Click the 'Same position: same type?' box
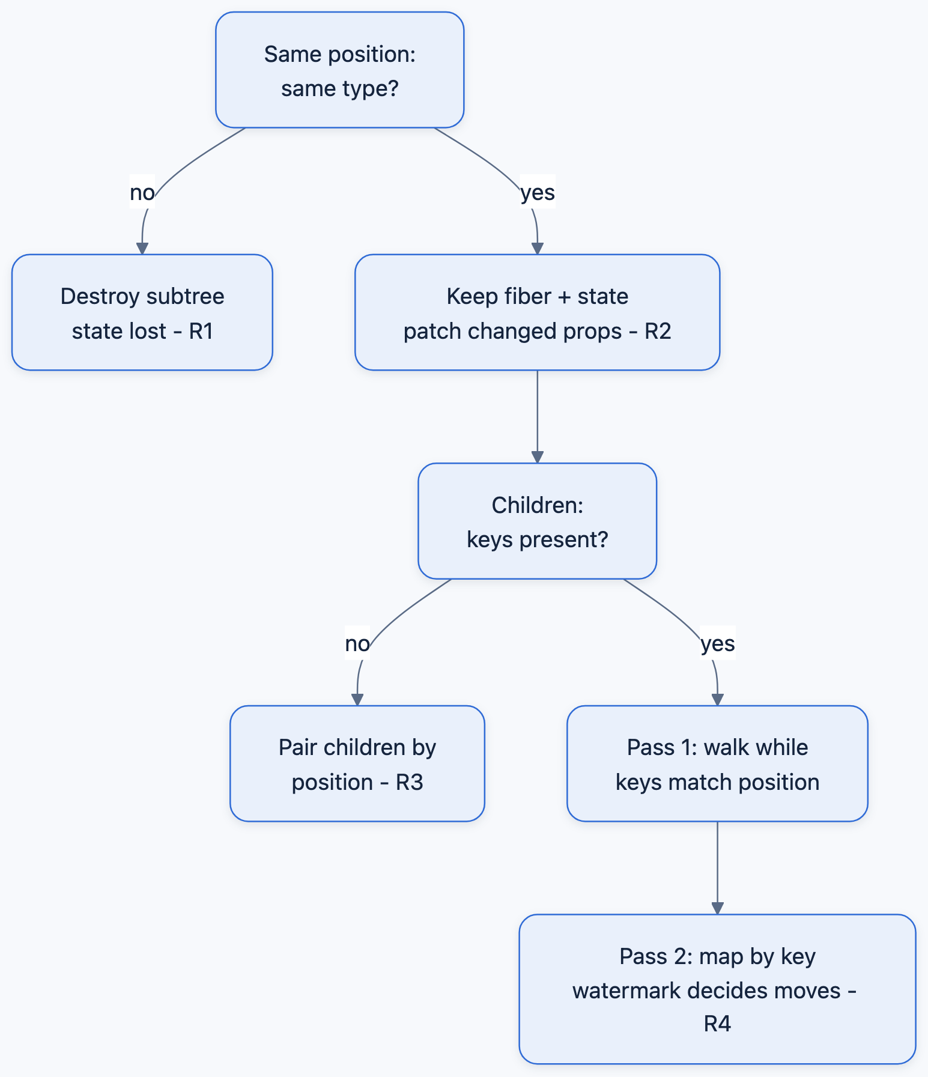coord(339,70)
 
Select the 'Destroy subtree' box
coord(142,312)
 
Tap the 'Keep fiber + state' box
coord(537,312)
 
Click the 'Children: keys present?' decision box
coord(537,521)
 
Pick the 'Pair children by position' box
coord(357,763)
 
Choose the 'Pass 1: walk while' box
coord(717,763)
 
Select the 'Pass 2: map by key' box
coord(717,989)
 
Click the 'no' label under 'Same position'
coord(142,192)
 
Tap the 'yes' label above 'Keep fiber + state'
coord(538,192)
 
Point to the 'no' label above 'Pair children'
coord(357,643)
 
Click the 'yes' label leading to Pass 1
coord(718,643)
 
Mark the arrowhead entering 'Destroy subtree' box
coord(142,249)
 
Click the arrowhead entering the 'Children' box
coord(537,457)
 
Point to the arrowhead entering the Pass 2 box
coord(717,908)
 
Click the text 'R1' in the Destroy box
coord(201,331)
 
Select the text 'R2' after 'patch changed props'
coord(658,331)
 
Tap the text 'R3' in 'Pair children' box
coord(410,782)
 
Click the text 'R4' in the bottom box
coord(717,1023)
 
